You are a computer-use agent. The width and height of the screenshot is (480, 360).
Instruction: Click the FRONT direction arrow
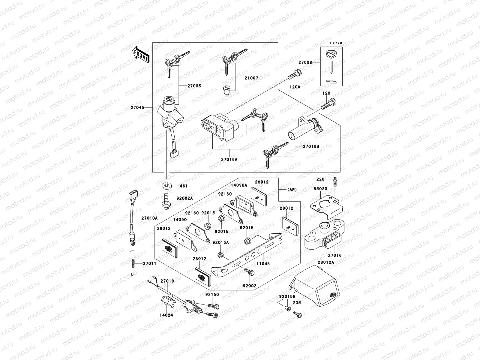[141, 54]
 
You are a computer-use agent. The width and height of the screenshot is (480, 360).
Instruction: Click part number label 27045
[137, 107]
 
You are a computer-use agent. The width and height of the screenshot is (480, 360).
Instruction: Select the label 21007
[251, 78]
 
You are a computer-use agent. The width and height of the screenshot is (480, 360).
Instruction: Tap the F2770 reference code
[336, 43]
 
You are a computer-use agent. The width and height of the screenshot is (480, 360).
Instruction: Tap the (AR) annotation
[292, 190]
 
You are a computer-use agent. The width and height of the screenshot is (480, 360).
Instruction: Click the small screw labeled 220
[335, 179]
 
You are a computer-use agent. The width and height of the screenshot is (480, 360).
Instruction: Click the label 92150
[212, 295]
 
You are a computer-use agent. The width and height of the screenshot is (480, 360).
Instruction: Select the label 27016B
[311, 146]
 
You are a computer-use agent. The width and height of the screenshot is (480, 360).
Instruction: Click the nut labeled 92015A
[220, 255]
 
